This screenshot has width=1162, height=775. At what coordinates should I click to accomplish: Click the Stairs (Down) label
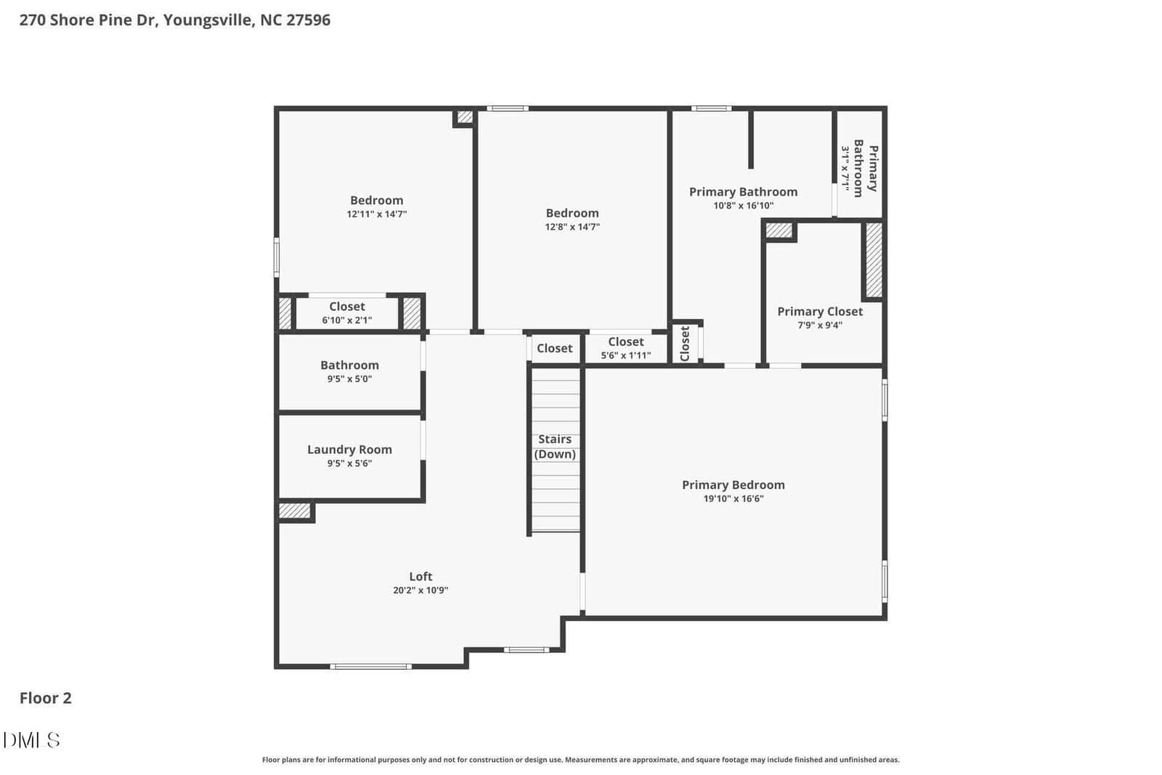coord(555,447)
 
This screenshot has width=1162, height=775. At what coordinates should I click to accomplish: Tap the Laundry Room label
coord(349,450)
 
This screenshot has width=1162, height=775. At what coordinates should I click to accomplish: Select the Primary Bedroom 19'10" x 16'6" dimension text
coord(733,498)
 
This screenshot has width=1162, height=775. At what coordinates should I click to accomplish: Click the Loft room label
coord(420,576)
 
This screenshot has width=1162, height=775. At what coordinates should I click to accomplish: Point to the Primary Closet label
coord(820,312)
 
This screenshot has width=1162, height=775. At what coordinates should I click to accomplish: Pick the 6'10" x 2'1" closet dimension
coord(346,320)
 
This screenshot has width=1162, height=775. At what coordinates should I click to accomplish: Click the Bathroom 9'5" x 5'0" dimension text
coord(349,378)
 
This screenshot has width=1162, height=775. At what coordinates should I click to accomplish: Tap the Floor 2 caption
coord(46,698)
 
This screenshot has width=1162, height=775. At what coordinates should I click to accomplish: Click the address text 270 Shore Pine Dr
coord(89,20)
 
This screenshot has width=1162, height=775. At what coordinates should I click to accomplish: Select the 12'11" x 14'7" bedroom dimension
coord(377,214)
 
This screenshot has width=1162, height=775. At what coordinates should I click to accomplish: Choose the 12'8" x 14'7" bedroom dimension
coord(572,227)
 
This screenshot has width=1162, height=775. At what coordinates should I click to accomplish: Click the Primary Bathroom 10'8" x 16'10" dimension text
coord(743,206)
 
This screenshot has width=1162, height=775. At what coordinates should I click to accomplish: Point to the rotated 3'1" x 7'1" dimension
coord(845,168)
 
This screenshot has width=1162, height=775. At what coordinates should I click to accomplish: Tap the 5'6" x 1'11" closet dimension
coord(625,355)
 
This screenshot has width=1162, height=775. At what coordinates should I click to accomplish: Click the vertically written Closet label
coord(685,344)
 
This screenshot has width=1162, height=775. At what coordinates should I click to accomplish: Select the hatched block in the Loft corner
coord(295,511)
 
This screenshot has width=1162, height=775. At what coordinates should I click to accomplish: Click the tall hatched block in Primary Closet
coord(874,260)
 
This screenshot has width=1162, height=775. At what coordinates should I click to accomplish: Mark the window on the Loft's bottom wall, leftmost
coord(371,667)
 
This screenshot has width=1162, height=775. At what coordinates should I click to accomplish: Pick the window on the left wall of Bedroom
coord(277,257)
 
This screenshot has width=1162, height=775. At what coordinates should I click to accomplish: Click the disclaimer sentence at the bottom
coord(580,760)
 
